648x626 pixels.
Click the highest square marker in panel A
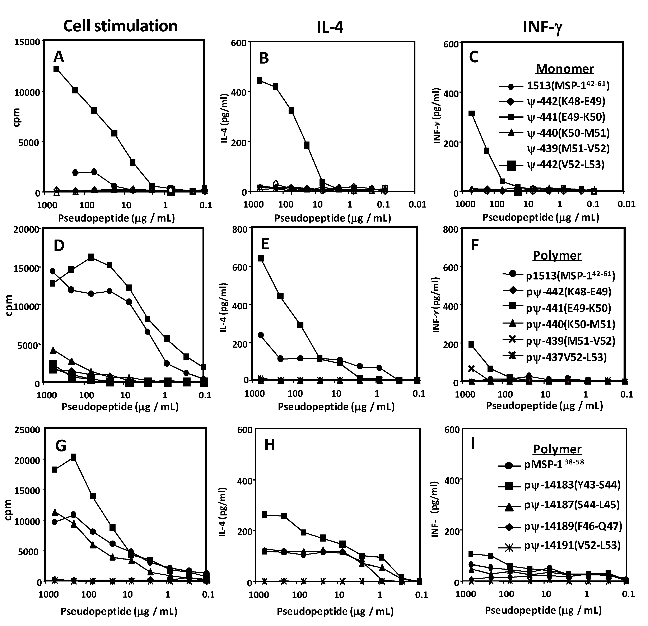pyautogui.click(x=56, y=69)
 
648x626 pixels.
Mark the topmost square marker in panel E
pyautogui.click(x=261, y=258)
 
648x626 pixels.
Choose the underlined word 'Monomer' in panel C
pyautogui.click(x=564, y=69)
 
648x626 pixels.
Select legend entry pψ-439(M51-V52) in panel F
pyautogui.click(x=570, y=341)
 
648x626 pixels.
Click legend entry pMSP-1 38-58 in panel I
pyautogui.click(x=554, y=465)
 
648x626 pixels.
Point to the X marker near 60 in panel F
pyautogui.click(x=471, y=369)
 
